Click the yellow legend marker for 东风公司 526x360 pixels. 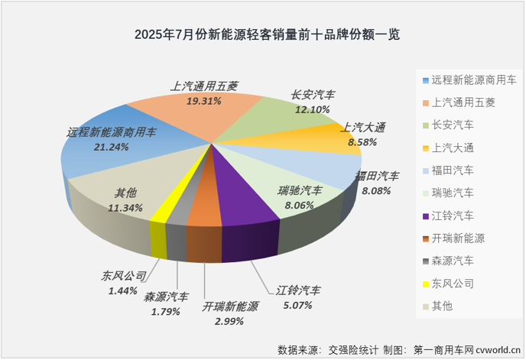click(x=424, y=284)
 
